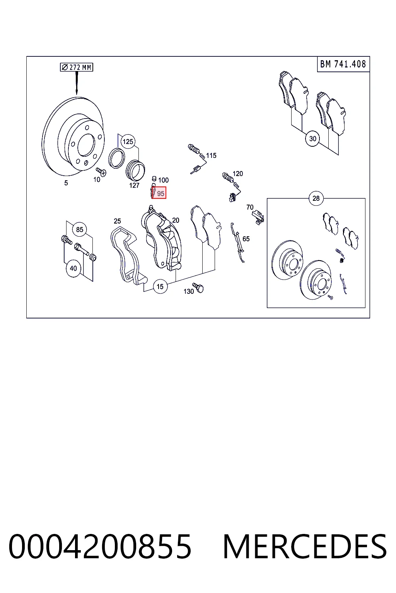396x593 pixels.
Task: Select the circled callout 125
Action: (128, 142)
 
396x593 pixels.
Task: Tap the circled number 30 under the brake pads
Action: (312, 139)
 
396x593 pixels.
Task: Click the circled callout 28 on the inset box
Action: (316, 198)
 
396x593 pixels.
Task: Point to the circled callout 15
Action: (160, 286)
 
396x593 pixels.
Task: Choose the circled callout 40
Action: (73, 268)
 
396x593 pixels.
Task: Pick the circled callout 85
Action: (80, 230)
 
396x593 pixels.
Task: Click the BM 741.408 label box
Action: (343, 64)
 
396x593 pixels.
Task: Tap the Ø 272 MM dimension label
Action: (77, 67)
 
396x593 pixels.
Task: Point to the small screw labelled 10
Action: (101, 172)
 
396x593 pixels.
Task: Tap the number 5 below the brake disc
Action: (66, 183)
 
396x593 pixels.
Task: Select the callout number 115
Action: (211, 156)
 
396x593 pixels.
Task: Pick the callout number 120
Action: (238, 174)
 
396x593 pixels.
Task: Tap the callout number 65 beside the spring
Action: (246, 239)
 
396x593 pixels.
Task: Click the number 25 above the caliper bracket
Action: (117, 221)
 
